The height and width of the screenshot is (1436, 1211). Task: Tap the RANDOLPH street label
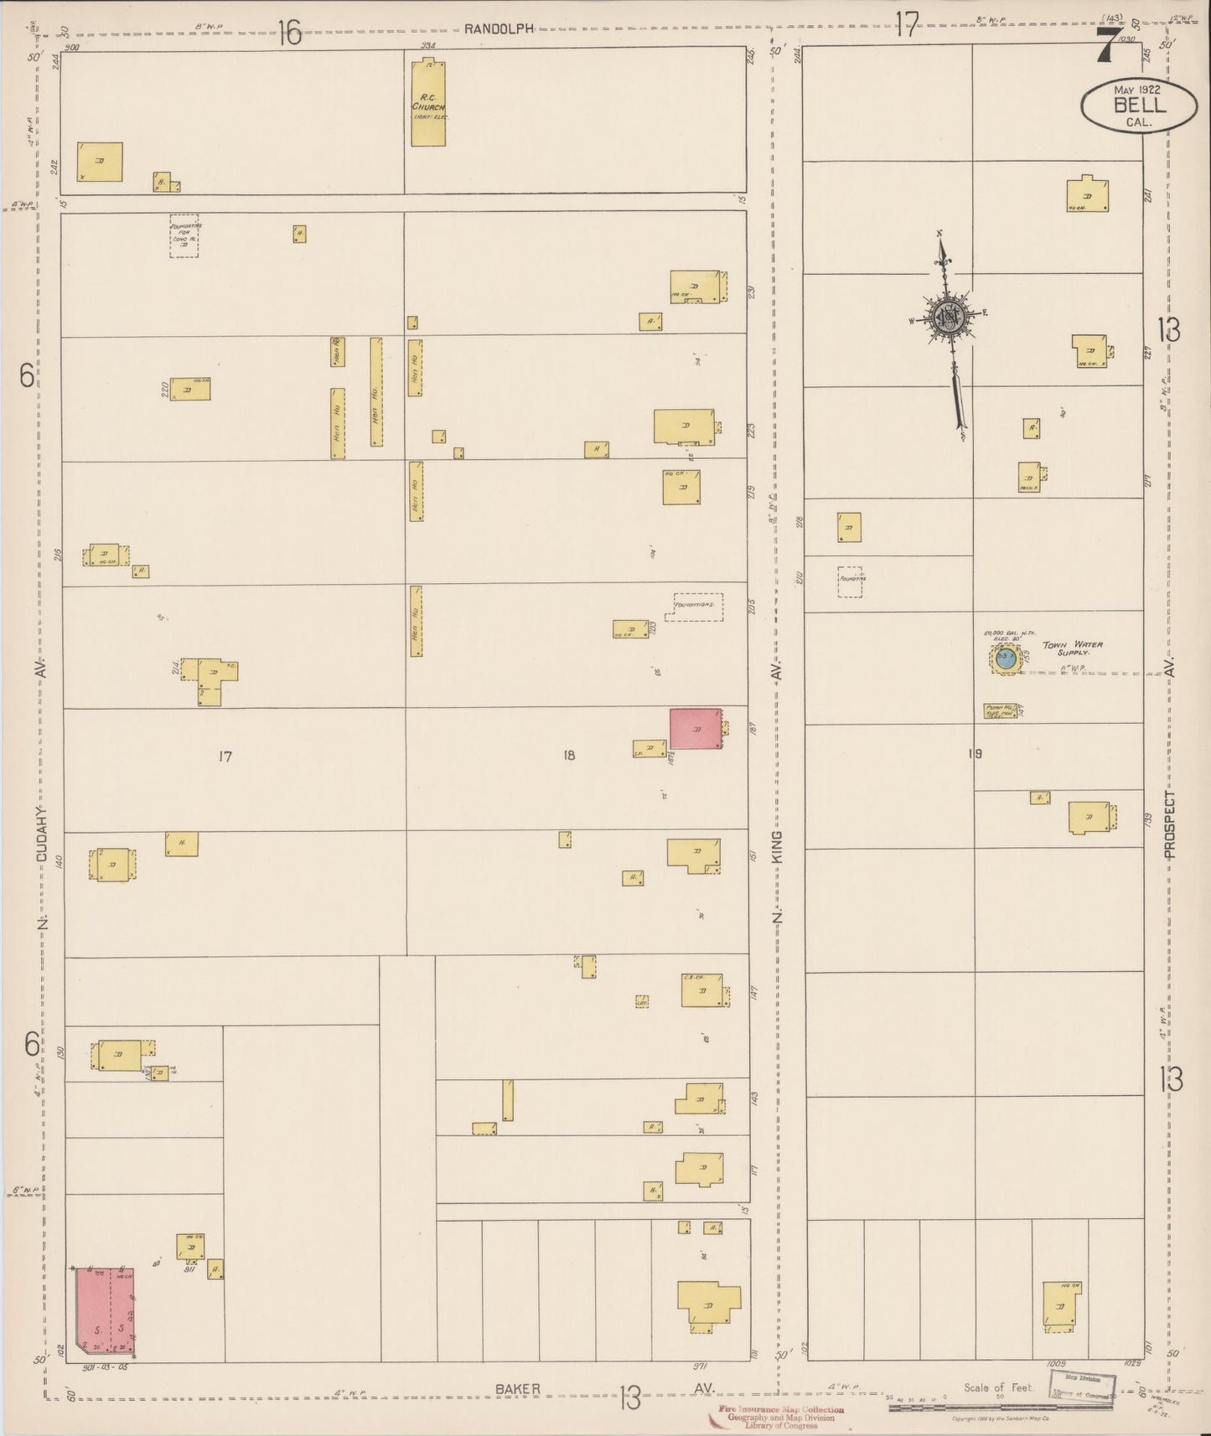(499, 28)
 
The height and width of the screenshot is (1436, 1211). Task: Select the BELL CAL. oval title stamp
(1138, 106)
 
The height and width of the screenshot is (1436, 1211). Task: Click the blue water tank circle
(1007, 659)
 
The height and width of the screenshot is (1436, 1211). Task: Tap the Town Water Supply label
(1073, 648)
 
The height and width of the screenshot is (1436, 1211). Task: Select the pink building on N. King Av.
(695, 729)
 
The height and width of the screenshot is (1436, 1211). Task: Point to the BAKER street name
(519, 1388)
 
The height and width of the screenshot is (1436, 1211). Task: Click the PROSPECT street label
(1169, 825)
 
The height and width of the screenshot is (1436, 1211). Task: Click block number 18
(569, 755)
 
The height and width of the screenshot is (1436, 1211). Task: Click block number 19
(975, 753)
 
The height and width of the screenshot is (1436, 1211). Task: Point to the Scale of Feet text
(999, 1387)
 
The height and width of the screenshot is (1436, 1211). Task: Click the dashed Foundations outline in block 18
(698, 607)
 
